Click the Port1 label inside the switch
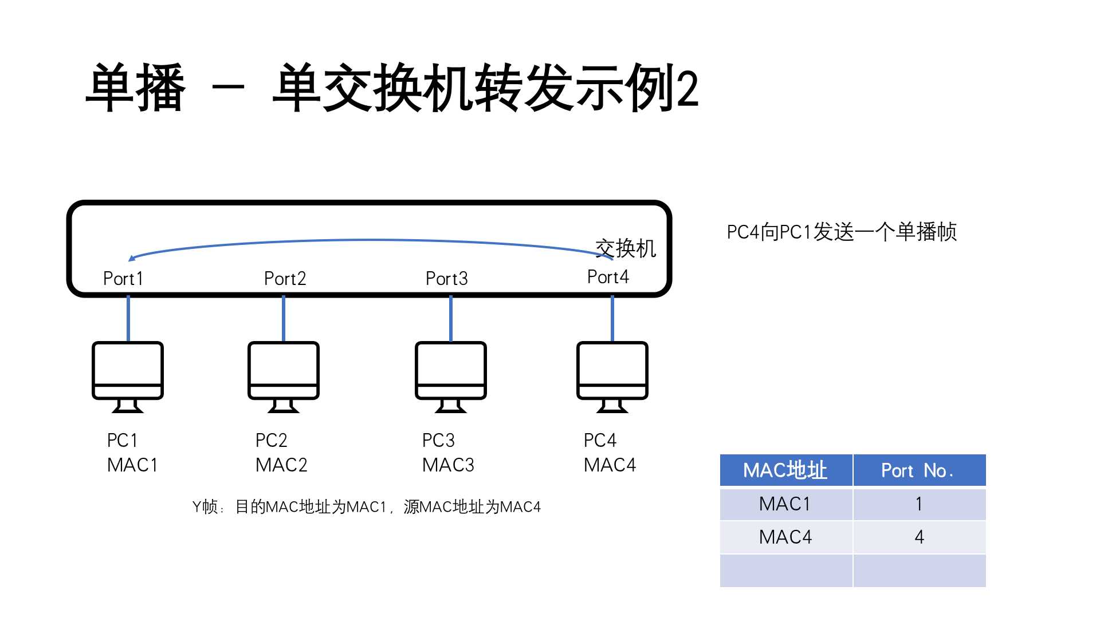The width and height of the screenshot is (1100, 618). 123,279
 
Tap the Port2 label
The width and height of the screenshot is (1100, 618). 285,279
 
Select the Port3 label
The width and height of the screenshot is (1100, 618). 446,279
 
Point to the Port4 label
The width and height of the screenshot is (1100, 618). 608,277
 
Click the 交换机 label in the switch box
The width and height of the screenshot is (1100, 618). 626,248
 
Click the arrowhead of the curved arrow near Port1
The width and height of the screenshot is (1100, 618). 132,259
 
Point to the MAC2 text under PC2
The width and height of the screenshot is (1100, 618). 281,465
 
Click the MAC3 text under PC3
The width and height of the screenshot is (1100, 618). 448,465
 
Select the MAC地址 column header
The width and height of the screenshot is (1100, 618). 785,470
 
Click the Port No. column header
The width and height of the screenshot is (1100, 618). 919,470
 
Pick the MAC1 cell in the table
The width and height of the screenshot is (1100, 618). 785,504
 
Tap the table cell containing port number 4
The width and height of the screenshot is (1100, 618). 919,537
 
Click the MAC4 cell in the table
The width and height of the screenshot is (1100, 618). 785,537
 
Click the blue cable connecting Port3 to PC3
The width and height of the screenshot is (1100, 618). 451,319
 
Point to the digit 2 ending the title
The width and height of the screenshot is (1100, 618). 687,89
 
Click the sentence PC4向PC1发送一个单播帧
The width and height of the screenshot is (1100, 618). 841,232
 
